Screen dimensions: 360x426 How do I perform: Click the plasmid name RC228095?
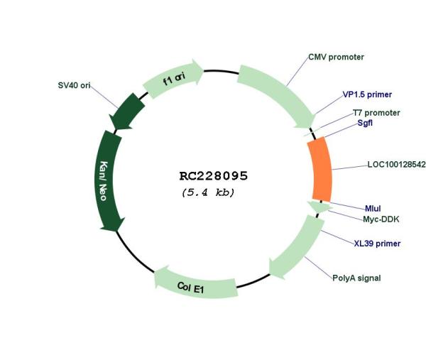point(213,175)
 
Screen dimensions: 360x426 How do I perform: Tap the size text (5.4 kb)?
point(208,192)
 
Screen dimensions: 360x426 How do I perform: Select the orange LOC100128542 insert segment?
point(322,169)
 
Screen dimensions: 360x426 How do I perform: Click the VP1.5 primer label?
point(367,94)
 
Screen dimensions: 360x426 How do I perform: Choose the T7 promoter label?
point(376,113)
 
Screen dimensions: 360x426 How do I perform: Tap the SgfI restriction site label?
point(365,123)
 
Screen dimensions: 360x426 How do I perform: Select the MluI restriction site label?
point(373,208)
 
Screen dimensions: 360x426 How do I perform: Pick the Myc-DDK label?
point(381,219)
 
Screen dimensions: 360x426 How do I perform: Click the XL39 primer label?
point(377,244)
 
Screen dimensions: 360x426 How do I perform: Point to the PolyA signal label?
point(356,278)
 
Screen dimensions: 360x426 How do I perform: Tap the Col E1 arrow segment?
point(195,284)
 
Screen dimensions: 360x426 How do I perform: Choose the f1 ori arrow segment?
point(174,80)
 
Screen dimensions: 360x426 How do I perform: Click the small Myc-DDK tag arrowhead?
point(317,207)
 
